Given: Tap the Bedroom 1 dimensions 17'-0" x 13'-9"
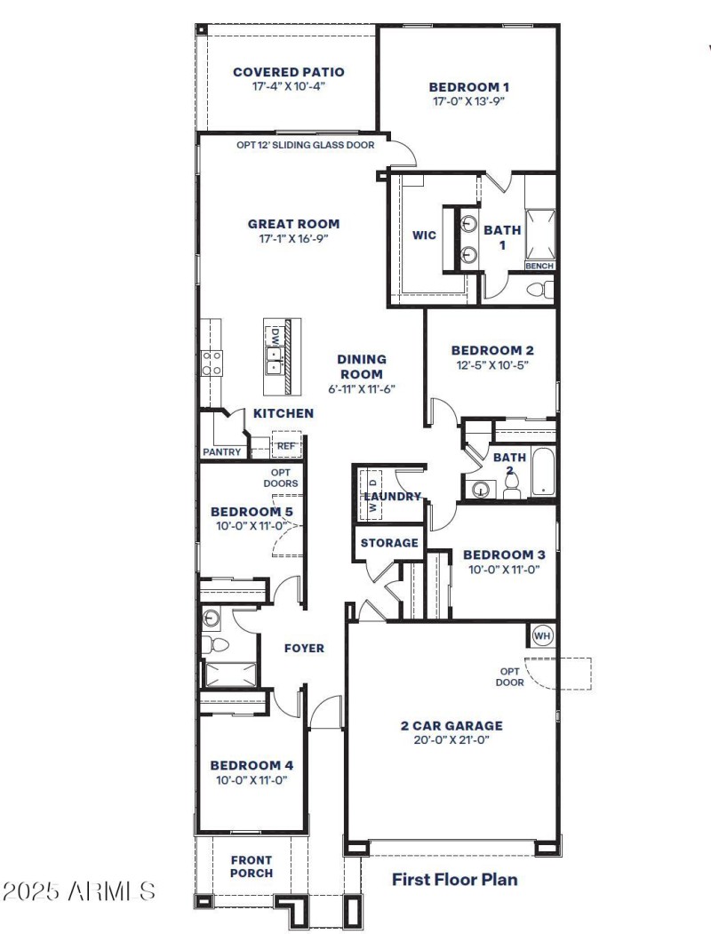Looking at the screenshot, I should coord(468,101).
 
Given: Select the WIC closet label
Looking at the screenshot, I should coord(424,235).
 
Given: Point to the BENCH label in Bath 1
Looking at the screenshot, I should coord(539,266).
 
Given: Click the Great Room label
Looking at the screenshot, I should coord(293,224).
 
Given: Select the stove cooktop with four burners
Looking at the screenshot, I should coord(212,363).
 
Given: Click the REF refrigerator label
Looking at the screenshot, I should coord(285,446).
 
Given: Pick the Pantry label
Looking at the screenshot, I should coord(222,451).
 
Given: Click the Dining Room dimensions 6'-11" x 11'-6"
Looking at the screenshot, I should coord(361,388).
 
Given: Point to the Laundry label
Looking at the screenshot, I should coord(392,496).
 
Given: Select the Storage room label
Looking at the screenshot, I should coord(389,543).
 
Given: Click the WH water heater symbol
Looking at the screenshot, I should coord(542,636).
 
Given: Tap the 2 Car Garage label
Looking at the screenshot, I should coord(451,725).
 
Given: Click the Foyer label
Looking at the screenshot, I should coord(304,648).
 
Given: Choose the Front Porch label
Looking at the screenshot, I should coord(252,866).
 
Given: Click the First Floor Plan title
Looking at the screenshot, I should coord(454,880).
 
